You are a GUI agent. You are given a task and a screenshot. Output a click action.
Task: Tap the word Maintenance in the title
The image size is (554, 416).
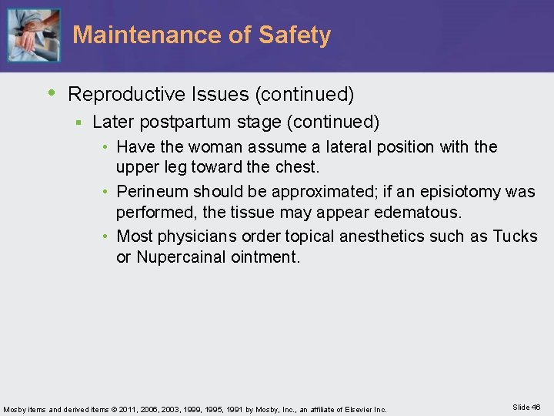[136, 35]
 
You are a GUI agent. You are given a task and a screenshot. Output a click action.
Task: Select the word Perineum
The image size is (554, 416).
[151, 191]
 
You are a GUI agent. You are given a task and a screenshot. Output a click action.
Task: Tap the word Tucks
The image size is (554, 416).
[515, 236]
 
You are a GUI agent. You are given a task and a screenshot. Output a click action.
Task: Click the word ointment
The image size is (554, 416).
[265, 256]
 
